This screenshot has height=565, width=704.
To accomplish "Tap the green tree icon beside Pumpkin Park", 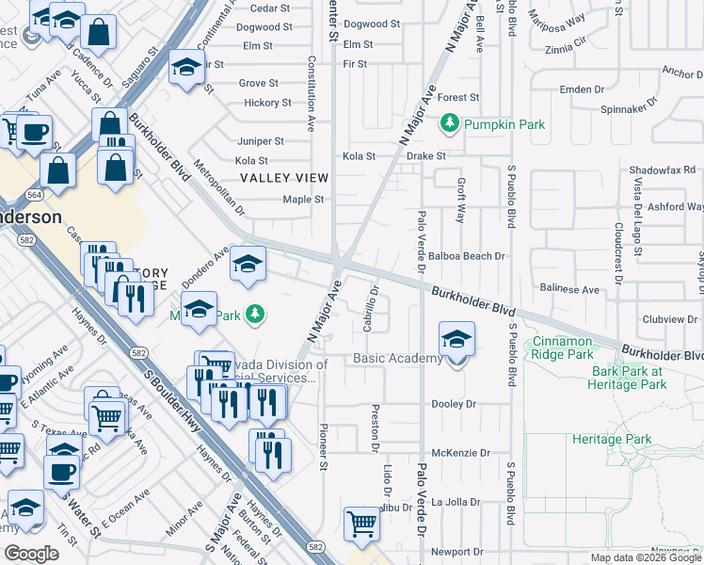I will (x=451, y=122).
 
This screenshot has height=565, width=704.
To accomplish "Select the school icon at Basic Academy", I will (x=456, y=340).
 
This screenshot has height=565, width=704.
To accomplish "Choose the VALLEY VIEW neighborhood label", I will (x=283, y=177).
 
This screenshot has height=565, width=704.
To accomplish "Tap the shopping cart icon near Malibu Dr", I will (x=361, y=524).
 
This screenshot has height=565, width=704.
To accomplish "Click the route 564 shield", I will (x=34, y=194).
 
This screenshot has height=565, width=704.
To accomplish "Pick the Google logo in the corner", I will (x=31, y=553).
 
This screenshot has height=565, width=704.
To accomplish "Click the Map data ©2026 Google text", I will (x=646, y=557).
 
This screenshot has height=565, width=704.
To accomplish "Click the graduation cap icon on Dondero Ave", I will (x=248, y=264).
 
